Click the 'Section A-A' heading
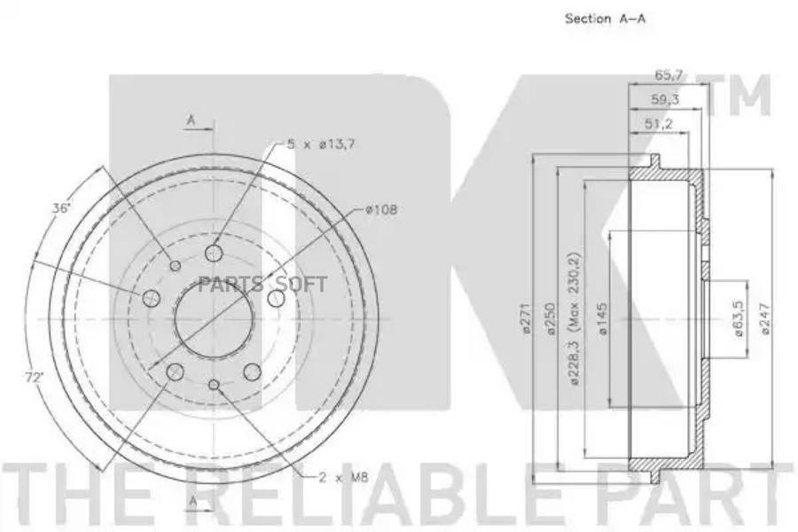[605, 19]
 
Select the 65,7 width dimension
[669, 75]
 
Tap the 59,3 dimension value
[665, 99]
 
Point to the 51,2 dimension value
[659, 123]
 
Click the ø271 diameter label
[526, 318]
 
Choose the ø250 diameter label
[551, 318]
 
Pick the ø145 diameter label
[603, 318]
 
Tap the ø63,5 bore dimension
[739, 318]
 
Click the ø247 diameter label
[766, 318]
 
